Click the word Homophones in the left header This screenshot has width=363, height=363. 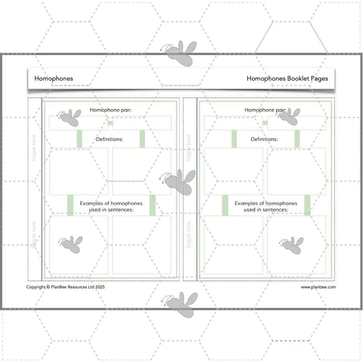pos(54,78)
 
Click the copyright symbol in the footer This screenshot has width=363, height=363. pos(48,287)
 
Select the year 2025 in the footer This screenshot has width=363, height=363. pos(100,287)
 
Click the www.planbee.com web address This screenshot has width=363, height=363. pos(319,287)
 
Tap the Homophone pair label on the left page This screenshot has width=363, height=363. pos(110,110)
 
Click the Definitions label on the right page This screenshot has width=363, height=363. pos(264,139)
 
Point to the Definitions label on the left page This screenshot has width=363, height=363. pos(109,139)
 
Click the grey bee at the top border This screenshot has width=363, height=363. pos(179,54)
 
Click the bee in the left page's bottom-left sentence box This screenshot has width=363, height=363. pos(70,245)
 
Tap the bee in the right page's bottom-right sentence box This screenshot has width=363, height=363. pos(291,245)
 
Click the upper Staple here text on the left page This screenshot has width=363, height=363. pos(34,148)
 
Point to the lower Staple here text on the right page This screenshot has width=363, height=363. pos(189,235)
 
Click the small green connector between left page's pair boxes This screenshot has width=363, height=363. pos(110,123)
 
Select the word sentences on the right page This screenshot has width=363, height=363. pos(275,210)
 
